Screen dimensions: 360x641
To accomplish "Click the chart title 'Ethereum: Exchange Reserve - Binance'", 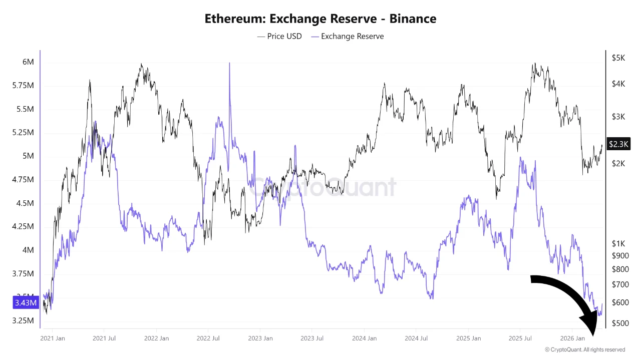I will coord(320,19).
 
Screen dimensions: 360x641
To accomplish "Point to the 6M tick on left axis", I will coord(28,62).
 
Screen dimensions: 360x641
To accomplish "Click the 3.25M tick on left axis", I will coord(24,320).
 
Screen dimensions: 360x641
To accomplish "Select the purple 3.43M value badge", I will coord(25,303).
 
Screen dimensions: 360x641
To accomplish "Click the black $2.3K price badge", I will coord(618,144).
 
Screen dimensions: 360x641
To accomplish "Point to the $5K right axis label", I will coord(618,58).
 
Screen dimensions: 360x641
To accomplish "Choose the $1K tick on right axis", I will coord(618,243).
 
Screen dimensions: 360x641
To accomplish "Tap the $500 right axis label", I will coord(620,323).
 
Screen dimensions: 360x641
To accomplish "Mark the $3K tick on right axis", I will coord(618,117).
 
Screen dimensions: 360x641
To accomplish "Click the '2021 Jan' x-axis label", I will coord(53,338).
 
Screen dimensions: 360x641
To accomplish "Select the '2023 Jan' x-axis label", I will coord(260,338).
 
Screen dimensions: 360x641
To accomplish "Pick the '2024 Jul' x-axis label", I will coord(416,338).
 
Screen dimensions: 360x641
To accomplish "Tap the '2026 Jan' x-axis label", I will coord(572,338).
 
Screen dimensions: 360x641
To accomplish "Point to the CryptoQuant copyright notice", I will coord(584,349).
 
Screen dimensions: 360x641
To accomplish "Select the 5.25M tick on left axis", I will coord(24,133).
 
